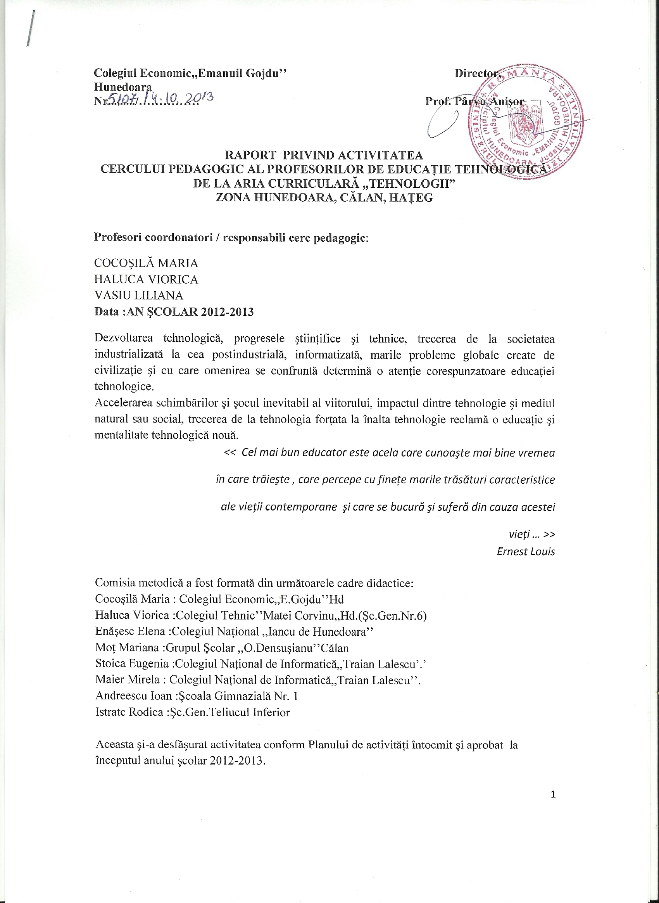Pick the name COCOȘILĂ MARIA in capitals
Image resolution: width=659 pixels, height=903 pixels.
(146, 263)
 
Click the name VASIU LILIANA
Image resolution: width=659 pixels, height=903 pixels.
(139, 296)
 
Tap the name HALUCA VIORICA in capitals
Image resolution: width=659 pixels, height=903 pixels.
(146, 279)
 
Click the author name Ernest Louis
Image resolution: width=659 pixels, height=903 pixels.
(526, 551)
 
